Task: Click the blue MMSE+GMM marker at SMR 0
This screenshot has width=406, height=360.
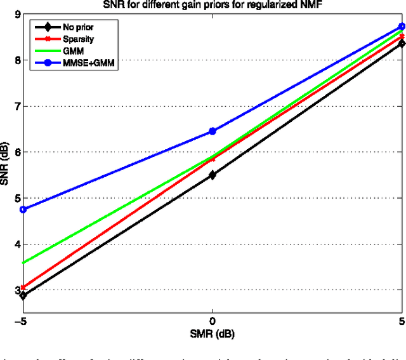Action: pyautogui.click(x=213, y=131)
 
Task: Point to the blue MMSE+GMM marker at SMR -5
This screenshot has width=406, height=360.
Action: pyautogui.click(x=23, y=209)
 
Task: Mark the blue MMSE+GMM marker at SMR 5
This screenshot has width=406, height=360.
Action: pyautogui.click(x=402, y=27)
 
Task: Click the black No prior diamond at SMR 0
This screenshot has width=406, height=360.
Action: pyautogui.click(x=213, y=175)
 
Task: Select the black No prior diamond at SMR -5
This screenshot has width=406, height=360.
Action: pyautogui.click(x=23, y=295)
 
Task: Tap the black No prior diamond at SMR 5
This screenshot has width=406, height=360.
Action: pyautogui.click(x=402, y=43)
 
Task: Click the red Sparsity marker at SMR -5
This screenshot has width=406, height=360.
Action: pyautogui.click(x=23, y=288)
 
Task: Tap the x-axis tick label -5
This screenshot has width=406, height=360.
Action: pyautogui.click(x=22, y=322)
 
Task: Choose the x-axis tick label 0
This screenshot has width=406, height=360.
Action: pyautogui.click(x=213, y=322)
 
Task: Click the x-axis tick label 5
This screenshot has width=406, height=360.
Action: pyautogui.click(x=401, y=322)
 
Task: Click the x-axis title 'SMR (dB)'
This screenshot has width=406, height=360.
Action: pyautogui.click(x=213, y=332)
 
